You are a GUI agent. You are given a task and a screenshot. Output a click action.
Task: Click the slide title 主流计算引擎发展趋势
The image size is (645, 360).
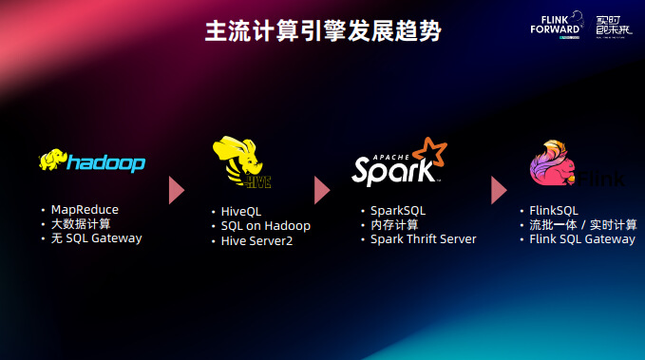[323, 31]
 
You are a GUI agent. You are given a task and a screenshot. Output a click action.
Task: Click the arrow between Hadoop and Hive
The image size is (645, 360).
[176, 190]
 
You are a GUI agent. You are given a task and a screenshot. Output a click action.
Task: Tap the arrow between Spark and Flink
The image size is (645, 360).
[498, 190]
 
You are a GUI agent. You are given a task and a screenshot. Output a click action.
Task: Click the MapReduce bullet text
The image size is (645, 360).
[85, 209]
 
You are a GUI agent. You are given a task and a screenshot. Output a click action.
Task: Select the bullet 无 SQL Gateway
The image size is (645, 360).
[96, 238]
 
